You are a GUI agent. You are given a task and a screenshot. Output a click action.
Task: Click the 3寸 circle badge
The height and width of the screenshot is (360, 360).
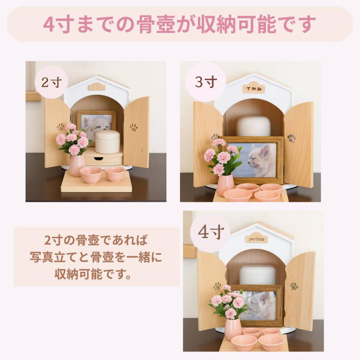point(206,82)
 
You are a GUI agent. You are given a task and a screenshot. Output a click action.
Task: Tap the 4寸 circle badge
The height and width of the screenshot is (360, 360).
point(210,232)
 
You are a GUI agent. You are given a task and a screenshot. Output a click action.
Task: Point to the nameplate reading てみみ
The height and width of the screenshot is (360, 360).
point(253,88)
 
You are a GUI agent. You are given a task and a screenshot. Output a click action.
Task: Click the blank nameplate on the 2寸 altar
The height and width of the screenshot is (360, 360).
point(96,86)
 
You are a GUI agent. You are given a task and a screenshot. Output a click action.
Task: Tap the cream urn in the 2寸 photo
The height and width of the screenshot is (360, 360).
point(107,141)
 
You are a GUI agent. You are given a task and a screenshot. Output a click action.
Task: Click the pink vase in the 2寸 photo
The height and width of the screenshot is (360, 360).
point(77,165)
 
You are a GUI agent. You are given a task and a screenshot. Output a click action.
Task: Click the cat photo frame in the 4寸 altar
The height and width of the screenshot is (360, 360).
point(258,305)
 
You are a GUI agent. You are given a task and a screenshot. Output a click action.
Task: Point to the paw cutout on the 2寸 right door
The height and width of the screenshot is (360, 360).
point(134,127)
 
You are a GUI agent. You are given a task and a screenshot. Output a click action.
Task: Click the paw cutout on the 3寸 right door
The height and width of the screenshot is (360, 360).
point(292,138)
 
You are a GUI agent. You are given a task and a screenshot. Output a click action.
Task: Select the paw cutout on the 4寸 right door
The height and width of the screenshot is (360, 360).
point(294,286)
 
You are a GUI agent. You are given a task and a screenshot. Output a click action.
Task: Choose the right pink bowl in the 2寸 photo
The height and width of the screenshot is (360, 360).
point(115,174)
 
